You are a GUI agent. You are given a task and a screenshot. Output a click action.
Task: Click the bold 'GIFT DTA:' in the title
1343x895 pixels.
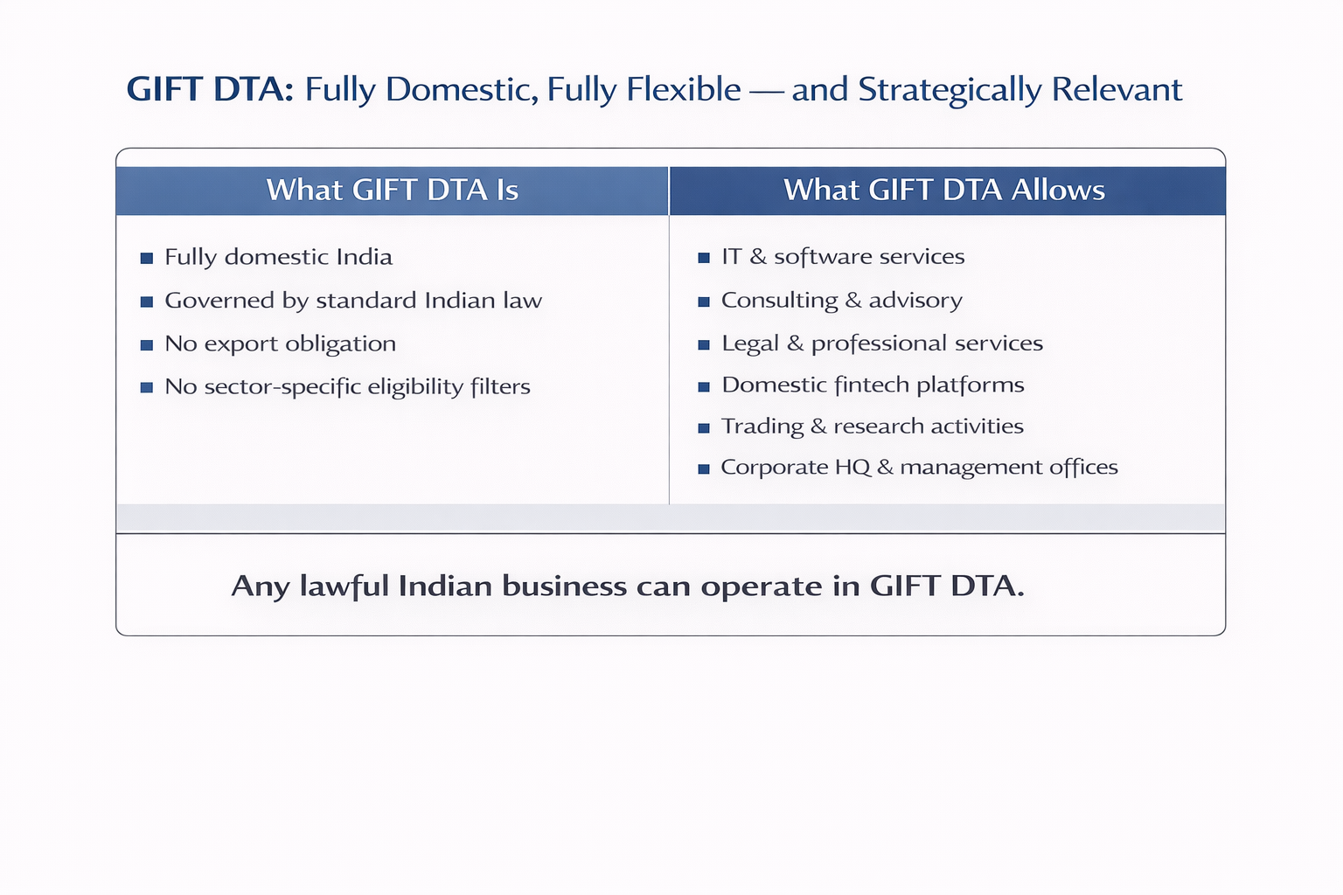[x=210, y=90]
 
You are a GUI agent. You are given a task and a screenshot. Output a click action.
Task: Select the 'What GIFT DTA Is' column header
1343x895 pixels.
[x=392, y=191]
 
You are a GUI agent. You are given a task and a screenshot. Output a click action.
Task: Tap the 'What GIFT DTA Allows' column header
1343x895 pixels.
[x=944, y=191]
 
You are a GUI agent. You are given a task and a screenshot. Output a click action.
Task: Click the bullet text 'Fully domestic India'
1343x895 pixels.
[x=278, y=257]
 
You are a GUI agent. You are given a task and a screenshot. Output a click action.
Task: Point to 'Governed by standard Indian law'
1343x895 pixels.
[x=353, y=301]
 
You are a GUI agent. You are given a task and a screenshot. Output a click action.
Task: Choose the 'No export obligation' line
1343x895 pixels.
[x=280, y=343]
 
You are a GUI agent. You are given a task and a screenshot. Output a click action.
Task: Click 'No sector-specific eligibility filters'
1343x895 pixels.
[x=347, y=386]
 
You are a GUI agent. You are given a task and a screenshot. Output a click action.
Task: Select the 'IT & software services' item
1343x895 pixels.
[x=843, y=257]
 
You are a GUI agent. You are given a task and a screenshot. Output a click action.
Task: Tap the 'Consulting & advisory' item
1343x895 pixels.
[x=841, y=301]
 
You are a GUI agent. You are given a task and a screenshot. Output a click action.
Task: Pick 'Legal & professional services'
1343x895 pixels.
[x=882, y=343]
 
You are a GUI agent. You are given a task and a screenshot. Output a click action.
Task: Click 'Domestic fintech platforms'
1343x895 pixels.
[x=873, y=385]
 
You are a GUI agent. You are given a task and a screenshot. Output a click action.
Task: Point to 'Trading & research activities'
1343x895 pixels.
[x=872, y=427]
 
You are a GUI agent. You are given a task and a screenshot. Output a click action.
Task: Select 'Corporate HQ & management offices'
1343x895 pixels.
[x=919, y=468]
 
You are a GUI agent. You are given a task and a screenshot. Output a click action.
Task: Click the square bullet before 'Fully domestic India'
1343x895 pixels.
[x=147, y=258]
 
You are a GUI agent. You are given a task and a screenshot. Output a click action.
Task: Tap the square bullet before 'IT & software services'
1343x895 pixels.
[x=704, y=258]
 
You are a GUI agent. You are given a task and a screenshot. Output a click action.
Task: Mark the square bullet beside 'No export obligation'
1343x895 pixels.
[x=147, y=345]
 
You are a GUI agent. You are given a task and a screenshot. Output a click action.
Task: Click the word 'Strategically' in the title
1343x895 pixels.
[x=950, y=90]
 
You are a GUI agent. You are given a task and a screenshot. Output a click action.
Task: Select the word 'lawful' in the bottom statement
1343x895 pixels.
[x=344, y=586]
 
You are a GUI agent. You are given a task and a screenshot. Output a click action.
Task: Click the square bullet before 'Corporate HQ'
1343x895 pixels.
[x=704, y=469]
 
